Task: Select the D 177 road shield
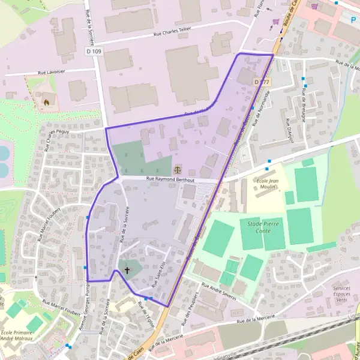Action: [260, 81]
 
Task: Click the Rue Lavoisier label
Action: [52, 72]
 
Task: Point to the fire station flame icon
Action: [46, 102]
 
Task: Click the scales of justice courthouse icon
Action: [176, 169]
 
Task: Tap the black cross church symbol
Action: [127, 271]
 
